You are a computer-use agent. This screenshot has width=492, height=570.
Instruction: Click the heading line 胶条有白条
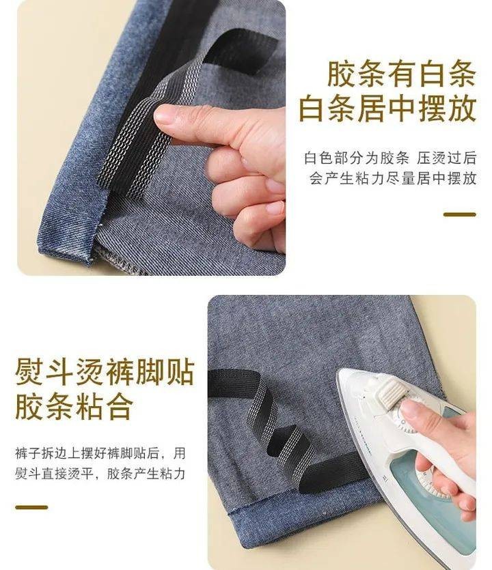(402, 74)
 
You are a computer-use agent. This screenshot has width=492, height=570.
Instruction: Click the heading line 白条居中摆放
(387, 108)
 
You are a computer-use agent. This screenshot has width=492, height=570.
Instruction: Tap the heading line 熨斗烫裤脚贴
(105, 371)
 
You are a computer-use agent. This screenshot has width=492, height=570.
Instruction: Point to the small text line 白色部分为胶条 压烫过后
(390, 158)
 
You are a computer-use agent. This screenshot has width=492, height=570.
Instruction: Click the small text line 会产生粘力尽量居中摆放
(393, 178)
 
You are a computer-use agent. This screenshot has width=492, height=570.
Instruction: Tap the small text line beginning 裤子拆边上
(100, 453)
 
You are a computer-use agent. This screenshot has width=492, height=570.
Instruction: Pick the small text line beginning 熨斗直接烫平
(100, 474)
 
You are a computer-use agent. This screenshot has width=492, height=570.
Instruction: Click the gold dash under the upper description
(460, 214)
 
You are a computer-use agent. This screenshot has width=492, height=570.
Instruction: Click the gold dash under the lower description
(31, 507)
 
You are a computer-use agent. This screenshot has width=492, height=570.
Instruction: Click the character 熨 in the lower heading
(30, 371)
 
